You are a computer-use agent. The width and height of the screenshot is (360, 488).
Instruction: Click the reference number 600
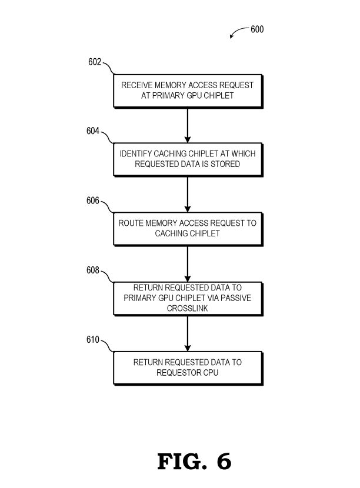pyautogui.click(x=257, y=29)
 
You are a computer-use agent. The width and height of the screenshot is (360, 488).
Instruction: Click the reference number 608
pyautogui.click(x=93, y=271)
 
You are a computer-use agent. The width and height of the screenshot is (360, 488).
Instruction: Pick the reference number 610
pyautogui.click(x=93, y=340)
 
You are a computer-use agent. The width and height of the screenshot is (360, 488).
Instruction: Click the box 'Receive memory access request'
pyautogui.click(x=188, y=91)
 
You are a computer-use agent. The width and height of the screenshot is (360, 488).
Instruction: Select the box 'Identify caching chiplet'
pyautogui.click(x=188, y=159)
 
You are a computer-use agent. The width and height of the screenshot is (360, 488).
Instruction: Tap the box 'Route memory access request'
pyautogui.click(x=188, y=229)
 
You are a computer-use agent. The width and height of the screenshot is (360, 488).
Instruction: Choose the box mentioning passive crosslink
pyautogui.click(x=188, y=298)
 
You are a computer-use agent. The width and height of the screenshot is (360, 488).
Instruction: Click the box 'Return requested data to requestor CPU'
pyautogui.click(x=188, y=367)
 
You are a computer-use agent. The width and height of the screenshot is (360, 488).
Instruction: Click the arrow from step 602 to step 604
pyautogui.click(x=188, y=125)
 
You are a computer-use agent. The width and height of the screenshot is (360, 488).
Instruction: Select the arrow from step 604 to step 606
pyautogui.click(x=188, y=194)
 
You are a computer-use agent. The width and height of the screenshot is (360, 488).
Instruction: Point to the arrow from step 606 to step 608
pyautogui.click(x=188, y=263)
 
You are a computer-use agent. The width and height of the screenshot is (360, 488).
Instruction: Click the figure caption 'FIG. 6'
pyautogui.click(x=194, y=462)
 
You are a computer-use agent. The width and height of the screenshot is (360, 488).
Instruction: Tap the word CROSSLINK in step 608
pyautogui.click(x=188, y=307)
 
